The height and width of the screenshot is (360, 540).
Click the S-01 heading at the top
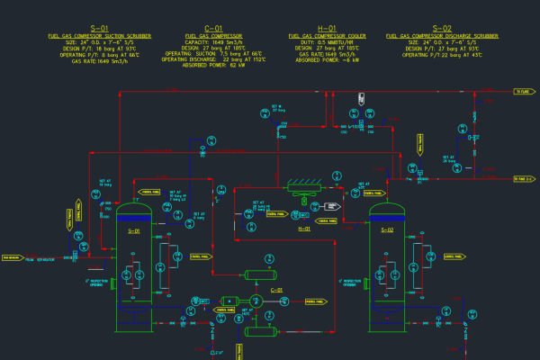[x=99, y=29]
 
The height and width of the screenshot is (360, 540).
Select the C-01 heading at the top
[x=213, y=29]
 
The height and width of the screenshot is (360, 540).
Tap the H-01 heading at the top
[x=327, y=29]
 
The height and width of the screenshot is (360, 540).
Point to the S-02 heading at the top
[x=442, y=29]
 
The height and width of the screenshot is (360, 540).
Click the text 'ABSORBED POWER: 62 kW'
[x=213, y=66]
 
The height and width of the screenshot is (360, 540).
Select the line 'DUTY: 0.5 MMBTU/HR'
[x=327, y=41]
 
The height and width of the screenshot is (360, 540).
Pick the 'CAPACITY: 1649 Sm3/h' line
[x=213, y=41]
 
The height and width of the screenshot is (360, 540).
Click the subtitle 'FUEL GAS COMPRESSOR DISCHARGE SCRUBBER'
[x=442, y=35]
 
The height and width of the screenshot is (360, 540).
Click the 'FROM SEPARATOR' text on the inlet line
[x=40, y=259]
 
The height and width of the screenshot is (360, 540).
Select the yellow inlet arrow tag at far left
[x=12, y=257]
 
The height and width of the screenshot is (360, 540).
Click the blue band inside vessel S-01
[x=135, y=217]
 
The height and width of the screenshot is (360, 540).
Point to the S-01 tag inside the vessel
[x=135, y=231]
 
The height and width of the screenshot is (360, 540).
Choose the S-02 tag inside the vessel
[x=388, y=231]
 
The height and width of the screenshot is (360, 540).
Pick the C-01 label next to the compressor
[x=277, y=290]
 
